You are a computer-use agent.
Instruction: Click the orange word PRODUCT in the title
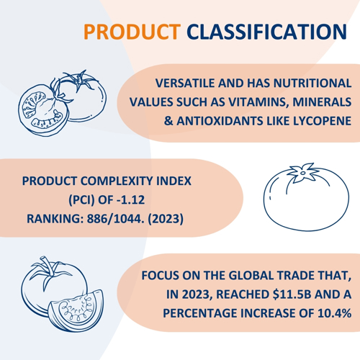pos(132,32)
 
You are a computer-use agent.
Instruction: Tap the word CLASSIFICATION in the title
pos(267,32)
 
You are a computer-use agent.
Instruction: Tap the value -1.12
pos(130,199)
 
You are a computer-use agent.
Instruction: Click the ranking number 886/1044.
pos(116,219)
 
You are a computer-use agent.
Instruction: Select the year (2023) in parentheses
pos(166,219)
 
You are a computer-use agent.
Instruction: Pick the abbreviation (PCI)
pos(82,199)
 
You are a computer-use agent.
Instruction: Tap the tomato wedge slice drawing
pos(76,310)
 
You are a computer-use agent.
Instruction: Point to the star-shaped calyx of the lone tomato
pos(303,172)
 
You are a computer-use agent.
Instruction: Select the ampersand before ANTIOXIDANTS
pos(168,121)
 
